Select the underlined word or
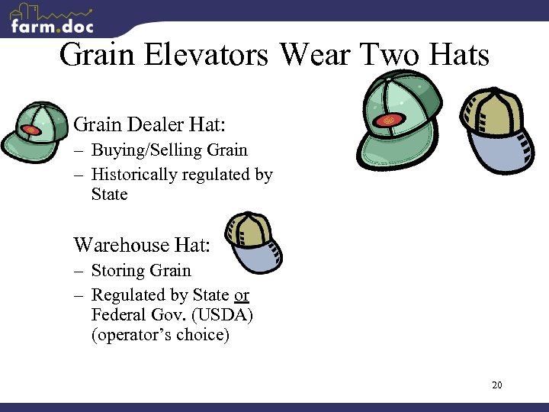242,295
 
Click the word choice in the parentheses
201,335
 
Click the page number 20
497,385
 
